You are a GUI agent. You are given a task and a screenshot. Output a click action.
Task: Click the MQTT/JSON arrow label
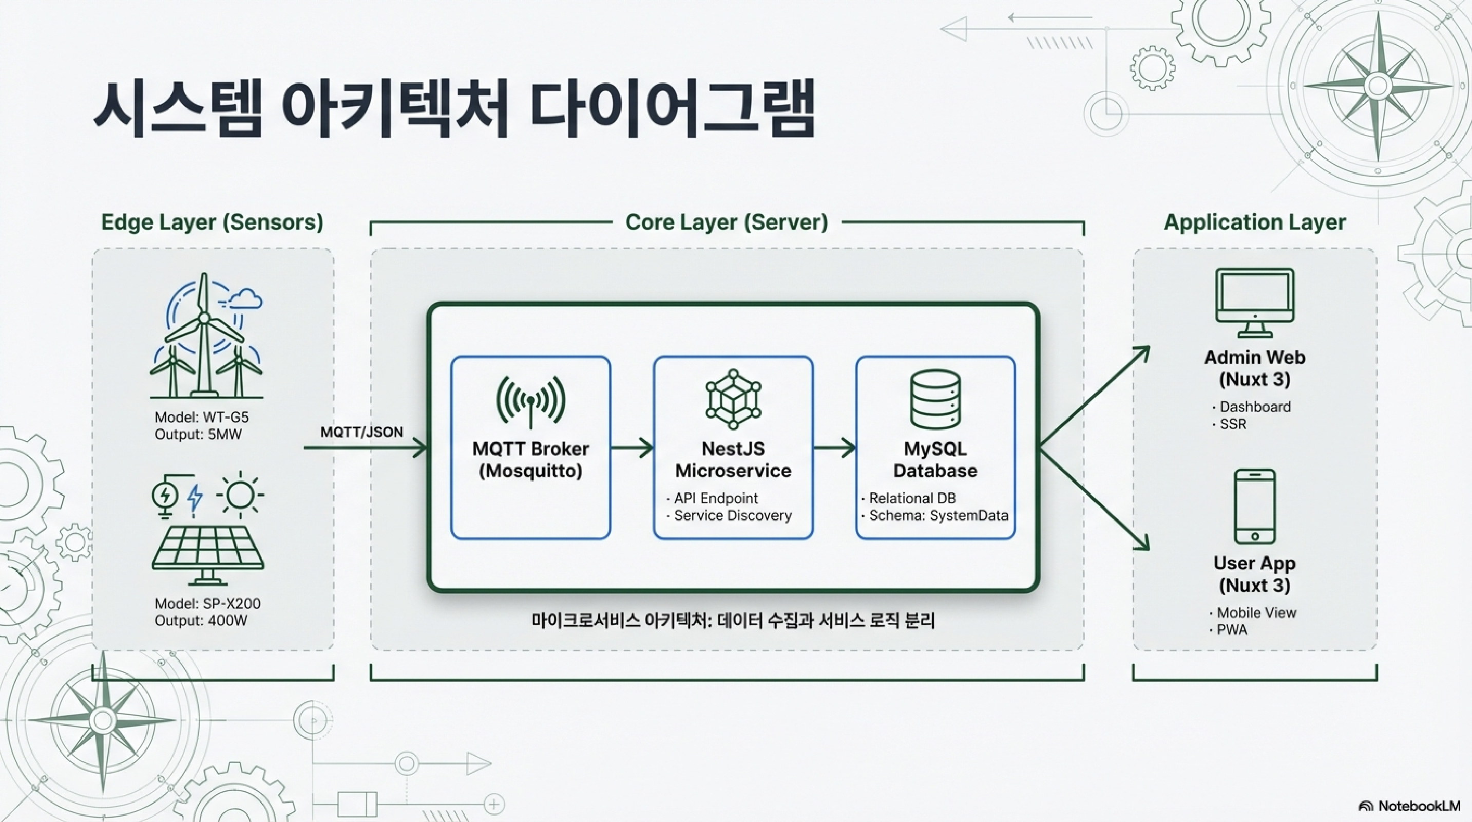pos(361,432)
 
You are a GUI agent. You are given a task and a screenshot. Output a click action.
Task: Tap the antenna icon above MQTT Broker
pos(531,401)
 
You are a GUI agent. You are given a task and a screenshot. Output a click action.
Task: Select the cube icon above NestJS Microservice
pos(733,399)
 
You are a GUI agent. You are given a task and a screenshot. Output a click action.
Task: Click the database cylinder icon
pos(935,399)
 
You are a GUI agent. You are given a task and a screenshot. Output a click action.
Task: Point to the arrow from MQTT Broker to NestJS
pos(632,447)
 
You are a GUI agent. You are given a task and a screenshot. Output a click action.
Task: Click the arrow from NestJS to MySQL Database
pos(834,447)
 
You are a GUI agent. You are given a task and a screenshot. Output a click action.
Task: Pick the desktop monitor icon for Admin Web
pos(1255,303)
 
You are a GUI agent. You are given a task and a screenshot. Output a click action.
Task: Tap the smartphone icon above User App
pos(1254,506)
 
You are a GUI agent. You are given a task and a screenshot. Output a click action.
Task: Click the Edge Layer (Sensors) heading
pos(212,222)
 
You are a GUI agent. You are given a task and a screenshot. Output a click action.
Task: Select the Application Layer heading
pos(1254,222)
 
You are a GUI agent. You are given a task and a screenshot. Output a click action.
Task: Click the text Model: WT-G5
pos(201,417)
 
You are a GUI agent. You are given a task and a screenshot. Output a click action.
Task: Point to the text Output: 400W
pos(201,620)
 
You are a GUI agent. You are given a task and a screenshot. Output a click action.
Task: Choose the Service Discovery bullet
pos(732,515)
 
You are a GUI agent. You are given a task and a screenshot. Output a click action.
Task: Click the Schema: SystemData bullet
pos(938,515)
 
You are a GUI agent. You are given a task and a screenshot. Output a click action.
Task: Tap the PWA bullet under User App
pos(1231,629)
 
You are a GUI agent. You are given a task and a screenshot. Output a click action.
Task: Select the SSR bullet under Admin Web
pos(1233,423)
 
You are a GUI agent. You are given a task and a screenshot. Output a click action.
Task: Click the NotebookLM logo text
pos(1419,806)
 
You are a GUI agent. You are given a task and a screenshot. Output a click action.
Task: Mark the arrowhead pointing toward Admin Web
pos(1142,353)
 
